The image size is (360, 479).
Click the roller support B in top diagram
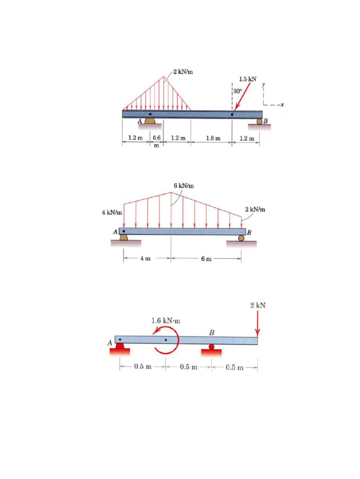click(x=259, y=122)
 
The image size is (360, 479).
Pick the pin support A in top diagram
click(x=150, y=121)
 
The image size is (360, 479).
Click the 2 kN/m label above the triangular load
click(x=183, y=72)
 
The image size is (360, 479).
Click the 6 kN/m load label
click(x=183, y=186)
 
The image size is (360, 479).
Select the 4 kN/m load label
click(x=112, y=213)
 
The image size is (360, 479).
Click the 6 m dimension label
click(x=206, y=259)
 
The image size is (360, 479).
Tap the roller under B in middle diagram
click(x=241, y=238)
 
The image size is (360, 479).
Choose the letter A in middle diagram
click(x=114, y=232)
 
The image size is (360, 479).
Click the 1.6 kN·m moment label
click(x=166, y=321)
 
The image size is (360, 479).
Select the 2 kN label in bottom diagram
click(x=258, y=305)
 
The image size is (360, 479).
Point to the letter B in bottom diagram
click(x=212, y=333)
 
